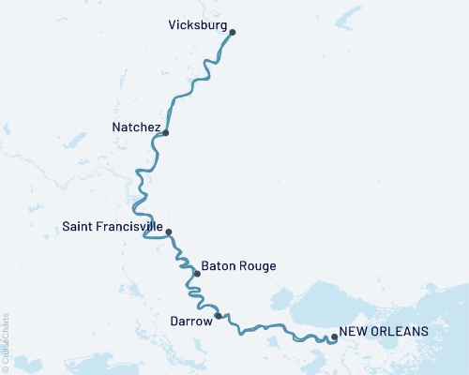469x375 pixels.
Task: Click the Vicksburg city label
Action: point(199,26)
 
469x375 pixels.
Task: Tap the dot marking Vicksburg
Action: point(233,33)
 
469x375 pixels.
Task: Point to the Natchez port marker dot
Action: point(166,133)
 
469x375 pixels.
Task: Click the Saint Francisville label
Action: point(112,227)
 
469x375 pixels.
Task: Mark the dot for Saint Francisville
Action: point(169,232)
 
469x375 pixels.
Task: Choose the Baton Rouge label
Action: point(238,266)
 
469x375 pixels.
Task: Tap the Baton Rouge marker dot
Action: point(197,274)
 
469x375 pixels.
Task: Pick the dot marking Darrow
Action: point(219,316)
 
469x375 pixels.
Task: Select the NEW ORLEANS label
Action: point(384,332)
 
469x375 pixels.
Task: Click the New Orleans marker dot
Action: point(335,338)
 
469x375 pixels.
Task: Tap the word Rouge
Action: point(257,266)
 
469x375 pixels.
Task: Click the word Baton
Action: point(218,266)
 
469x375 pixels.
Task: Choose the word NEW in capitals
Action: point(352,332)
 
